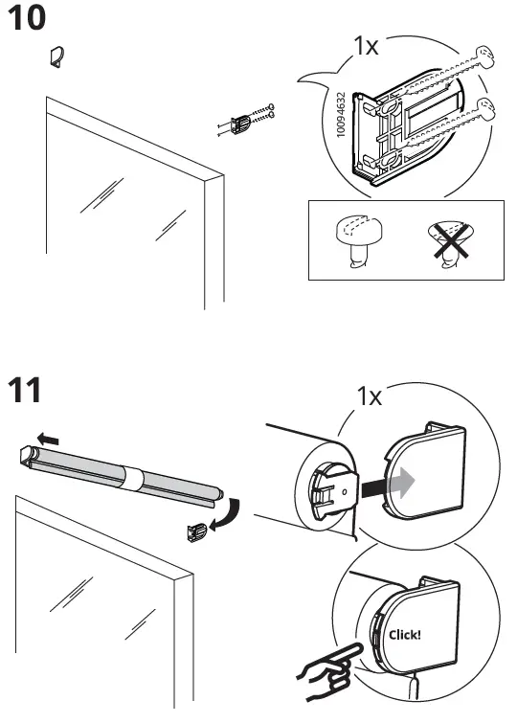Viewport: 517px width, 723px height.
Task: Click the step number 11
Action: tap(28, 392)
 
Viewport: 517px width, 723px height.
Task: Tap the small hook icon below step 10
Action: tap(56, 57)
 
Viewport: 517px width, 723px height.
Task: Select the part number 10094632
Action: tap(341, 116)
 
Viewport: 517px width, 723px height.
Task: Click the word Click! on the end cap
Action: tap(404, 633)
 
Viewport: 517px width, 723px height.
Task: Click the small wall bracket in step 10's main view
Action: tap(239, 124)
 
